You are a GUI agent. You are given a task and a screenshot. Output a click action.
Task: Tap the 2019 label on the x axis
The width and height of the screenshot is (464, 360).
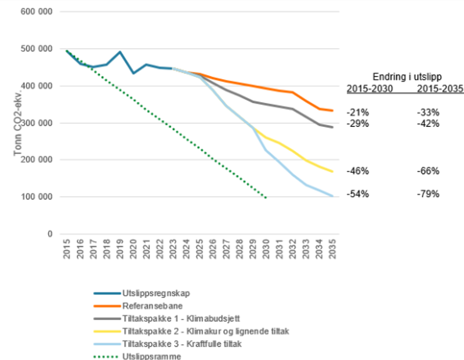click(x=120, y=250)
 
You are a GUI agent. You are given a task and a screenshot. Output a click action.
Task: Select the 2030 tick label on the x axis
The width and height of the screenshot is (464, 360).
click(x=266, y=250)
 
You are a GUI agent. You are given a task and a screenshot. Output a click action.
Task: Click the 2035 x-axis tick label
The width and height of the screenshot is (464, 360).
click(x=333, y=250)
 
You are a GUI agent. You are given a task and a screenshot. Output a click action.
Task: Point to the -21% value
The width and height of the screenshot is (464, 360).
click(x=355, y=112)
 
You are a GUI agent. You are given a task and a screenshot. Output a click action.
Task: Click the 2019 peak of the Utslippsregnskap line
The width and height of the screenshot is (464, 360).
click(x=119, y=52)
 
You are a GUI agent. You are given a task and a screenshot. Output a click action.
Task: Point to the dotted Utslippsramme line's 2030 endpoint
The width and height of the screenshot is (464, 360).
click(x=266, y=198)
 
